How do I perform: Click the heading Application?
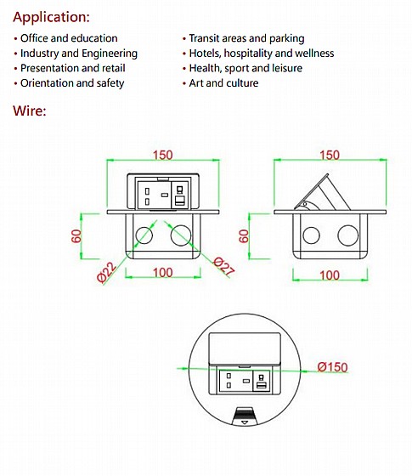(x=51, y=17)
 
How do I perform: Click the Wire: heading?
(x=30, y=110)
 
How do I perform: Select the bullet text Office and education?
(x=69, y=38)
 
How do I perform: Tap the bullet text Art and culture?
(x=223, y=83)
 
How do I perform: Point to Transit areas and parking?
(x=246, y=38)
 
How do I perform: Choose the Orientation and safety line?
(x=72, y=83)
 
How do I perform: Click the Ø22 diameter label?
(x=106, y=272)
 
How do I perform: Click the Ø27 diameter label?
(x=224, y=267)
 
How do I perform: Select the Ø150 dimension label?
(x=332, y=367)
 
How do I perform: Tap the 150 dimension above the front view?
(x=162, y=155)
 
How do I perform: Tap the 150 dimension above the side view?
(x=330, y=155)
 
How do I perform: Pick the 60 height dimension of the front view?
(x=76, y=236)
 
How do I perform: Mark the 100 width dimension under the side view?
(x=330, y=275)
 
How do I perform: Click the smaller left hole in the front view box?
(x=144, y=235)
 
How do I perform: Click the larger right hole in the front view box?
(x=181, y=235)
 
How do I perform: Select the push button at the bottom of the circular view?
(x=245, y=416)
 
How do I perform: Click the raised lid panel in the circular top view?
(x=245, y=348)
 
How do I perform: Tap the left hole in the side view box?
(x=311, y=235)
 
